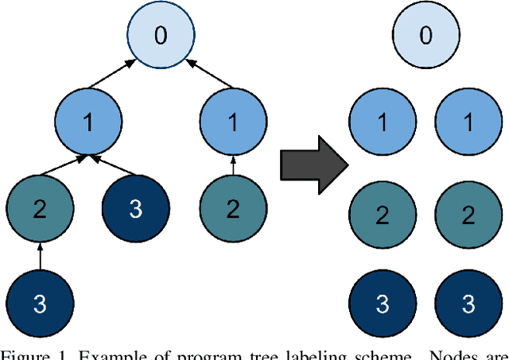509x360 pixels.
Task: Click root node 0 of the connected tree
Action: point(161,37)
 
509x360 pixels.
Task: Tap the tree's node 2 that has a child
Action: point(40,209)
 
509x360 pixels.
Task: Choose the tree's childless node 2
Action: point(232,209)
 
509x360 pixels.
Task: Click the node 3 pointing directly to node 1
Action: point(135,209)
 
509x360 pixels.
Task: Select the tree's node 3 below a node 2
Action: point(40,303)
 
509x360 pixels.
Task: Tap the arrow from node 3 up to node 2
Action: point(40,256)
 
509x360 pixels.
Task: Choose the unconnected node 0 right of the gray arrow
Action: point(426,37)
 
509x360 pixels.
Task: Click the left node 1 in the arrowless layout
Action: point(383,123)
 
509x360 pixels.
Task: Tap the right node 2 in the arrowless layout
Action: point(468,215)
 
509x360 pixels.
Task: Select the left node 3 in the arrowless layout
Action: point(383,304)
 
